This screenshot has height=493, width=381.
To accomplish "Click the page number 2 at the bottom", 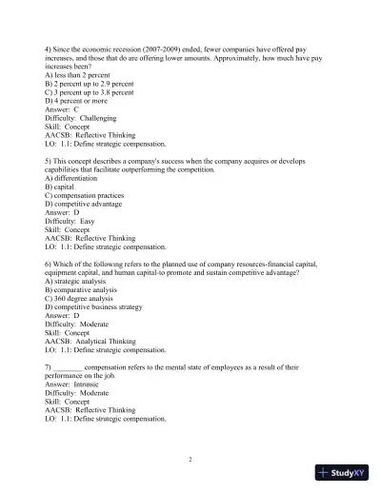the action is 190,459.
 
